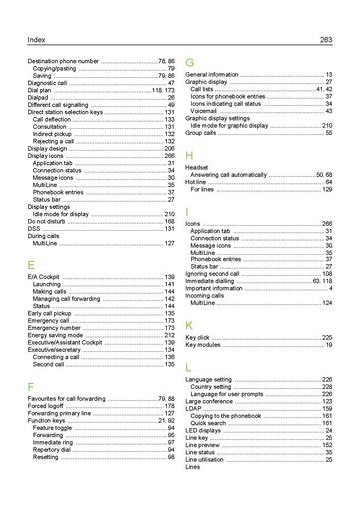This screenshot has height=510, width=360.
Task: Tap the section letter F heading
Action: (31, 385)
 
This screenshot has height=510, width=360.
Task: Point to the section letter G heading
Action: (190, 62)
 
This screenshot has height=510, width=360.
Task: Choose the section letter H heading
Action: (190, 154)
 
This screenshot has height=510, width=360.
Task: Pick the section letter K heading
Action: (190, 325)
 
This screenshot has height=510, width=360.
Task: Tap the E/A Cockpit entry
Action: (46, 276)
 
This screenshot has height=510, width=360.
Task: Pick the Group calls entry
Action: (203, 132)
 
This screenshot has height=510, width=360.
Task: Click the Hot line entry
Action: (198, 182)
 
